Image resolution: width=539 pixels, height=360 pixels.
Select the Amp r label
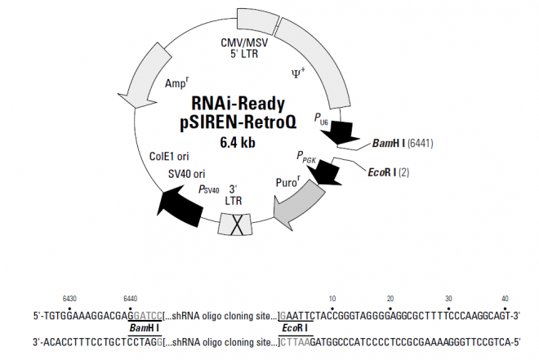click(x=177, y=83)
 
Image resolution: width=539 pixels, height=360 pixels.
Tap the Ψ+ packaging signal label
click(x=299, y=73)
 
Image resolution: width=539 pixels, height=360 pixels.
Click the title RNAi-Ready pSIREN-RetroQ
click(x=238, y=113)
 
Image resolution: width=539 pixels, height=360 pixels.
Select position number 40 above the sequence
click(x=506, y=299)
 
